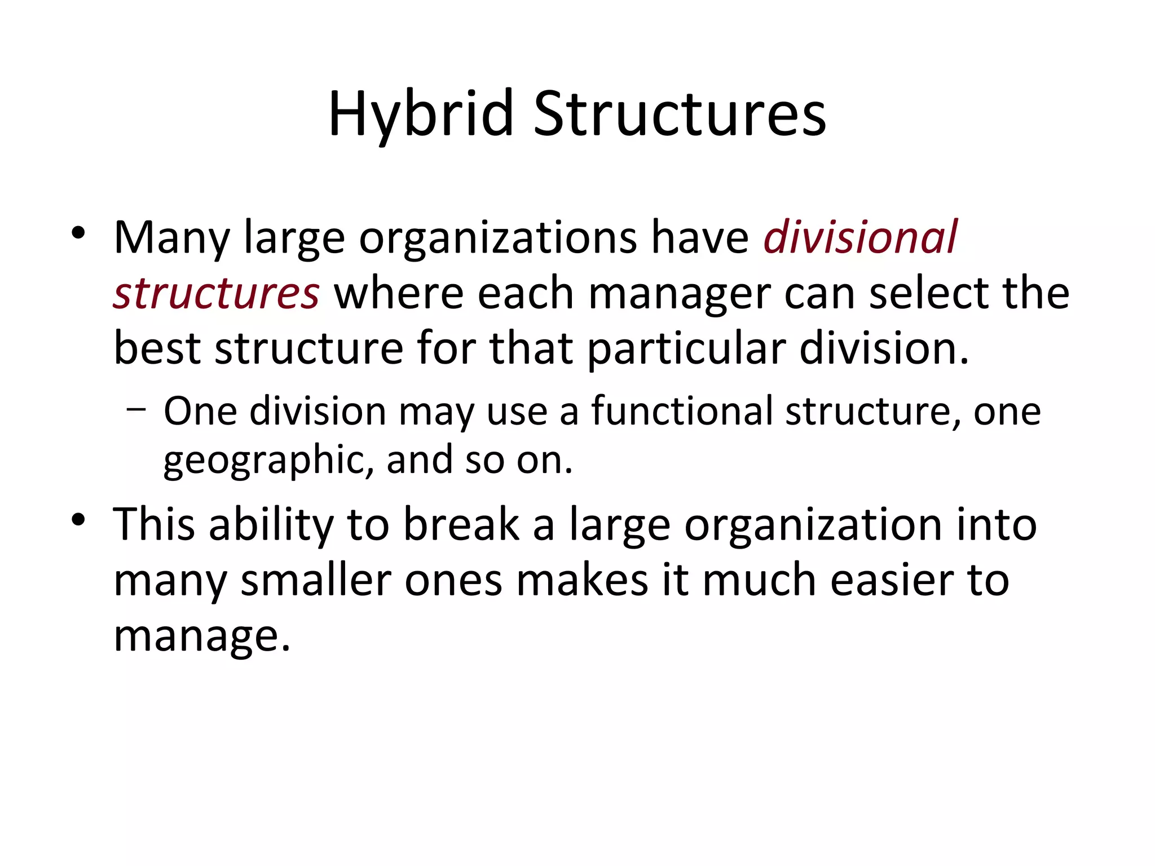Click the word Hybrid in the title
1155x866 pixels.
pyautogui.click(x=421, y=114)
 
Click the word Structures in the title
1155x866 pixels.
pyautogui.click(x=680, y=114)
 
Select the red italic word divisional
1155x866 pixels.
pyautogui.click(x=860, y=237)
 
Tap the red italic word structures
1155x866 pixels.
pyautogui.click(x=217, y=293)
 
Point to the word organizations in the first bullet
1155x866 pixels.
pyautogui.click(x=498, y=238)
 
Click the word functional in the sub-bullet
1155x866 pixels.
pyautogui.click(x=682, y=410)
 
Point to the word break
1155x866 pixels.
pyautogui.click(x=461, y=524)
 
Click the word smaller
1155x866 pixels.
pyautogui.click(x=316, y=580)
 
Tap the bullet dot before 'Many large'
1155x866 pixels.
pyautogui.click(x=78, y=233)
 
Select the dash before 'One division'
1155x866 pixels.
pyautogui.click(x=135, y=410)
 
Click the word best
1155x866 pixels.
pyautogui.click(x=157, y=348)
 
